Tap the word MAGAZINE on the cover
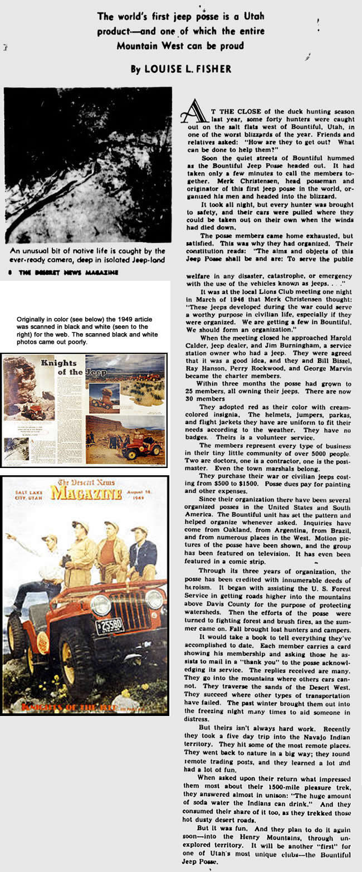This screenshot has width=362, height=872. (x=86, y=493)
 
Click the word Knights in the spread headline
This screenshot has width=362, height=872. (x=58, y=363)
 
